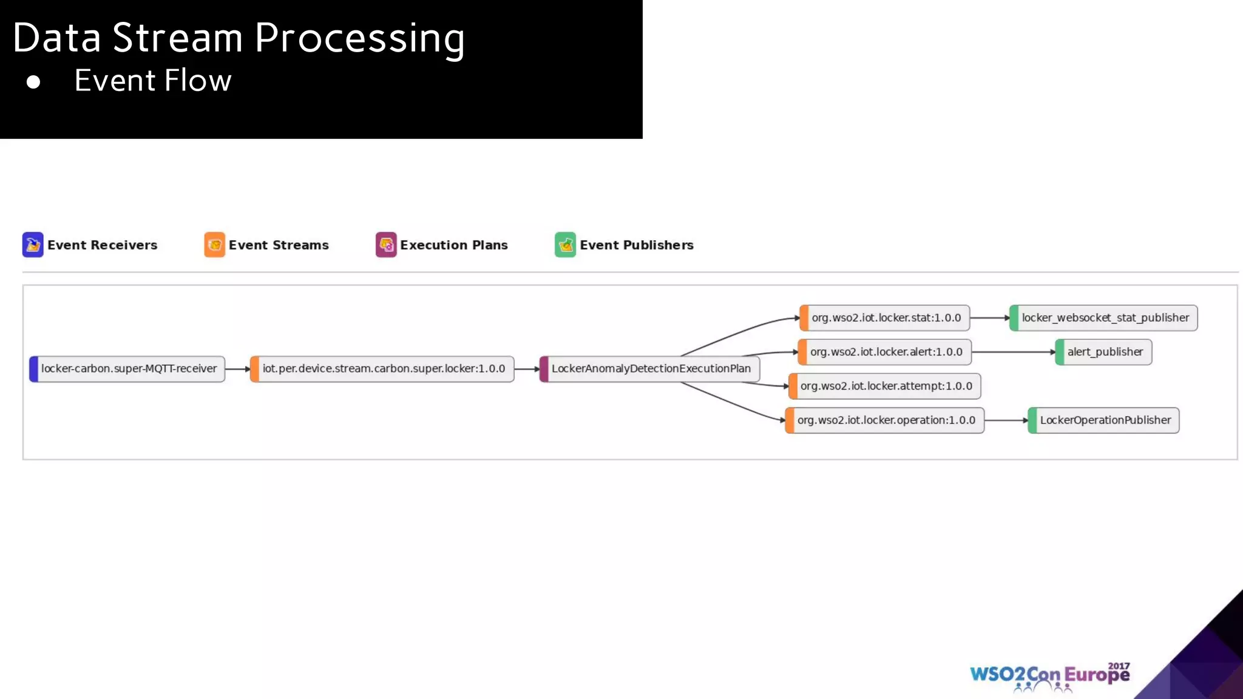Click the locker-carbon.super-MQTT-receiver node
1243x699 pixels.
[127, 369]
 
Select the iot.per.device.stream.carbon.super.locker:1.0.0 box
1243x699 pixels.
[382, 369]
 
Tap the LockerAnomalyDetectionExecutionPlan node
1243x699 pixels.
[650, 369]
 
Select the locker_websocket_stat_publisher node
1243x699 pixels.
[1104, 318]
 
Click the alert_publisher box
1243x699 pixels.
[1104, 352]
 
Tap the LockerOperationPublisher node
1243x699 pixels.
[1104, 420]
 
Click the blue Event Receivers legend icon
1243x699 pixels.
[33, 245]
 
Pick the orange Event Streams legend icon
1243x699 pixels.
[214, 245]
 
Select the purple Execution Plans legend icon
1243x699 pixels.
[386, 245]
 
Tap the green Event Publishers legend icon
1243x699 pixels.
[565, 245]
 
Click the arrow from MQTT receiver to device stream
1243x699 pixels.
[237, 369]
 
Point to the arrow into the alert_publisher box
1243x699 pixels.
[1014, 352]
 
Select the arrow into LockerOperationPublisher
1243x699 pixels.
[1006, 420]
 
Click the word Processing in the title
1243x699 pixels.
[359, 39]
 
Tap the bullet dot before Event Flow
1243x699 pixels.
[33, 82]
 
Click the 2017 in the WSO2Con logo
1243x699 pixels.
[1119, 666]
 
